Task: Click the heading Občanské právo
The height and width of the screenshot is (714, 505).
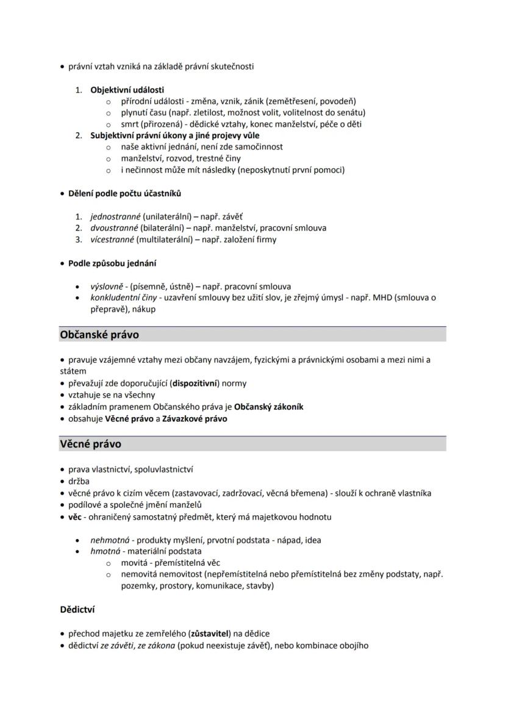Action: (99, 335)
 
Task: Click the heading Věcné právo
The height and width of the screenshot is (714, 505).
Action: (90, 444)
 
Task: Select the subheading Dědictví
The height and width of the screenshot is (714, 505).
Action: (77, 609)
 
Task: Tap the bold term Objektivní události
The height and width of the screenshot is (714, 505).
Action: (127, 90)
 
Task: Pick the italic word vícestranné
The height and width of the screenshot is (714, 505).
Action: (112, 240)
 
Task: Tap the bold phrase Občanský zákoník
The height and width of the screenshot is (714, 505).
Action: (268, 407)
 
